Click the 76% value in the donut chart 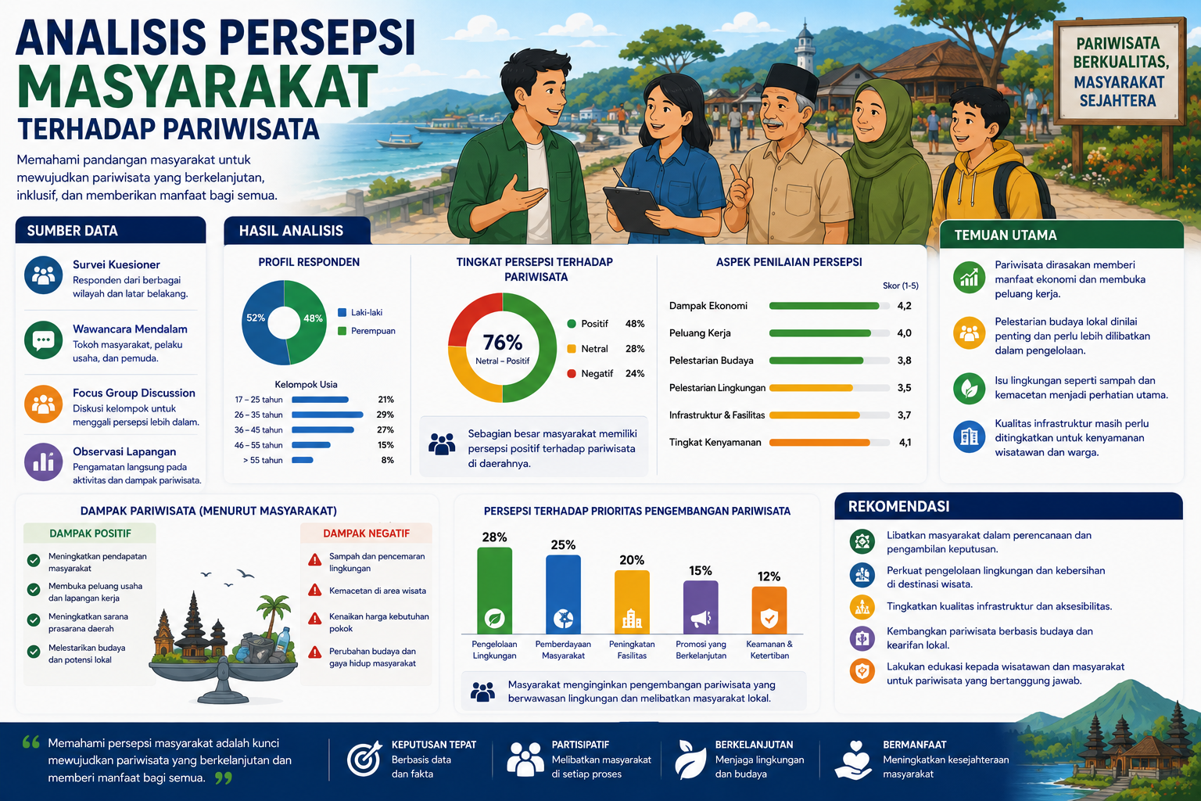pyautogui.click(x=503, y=342)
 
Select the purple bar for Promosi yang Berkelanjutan pyautogui.click(x=701, y=607)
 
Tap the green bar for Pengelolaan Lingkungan pyautogui.click(x=494, y=591)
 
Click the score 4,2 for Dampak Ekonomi pyautogui.click(x=904, y=306)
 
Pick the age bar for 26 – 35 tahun pyautogui.click(x=327, y=415)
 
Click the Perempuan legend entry pyautogui.click(x=367, y=331)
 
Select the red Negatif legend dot pyautogui.click(x=572, y=373)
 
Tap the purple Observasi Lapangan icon pyautogui.click(x=44, y=462)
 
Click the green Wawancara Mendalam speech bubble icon pyautogui.click(x=44, y=339)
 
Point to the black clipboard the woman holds pyautogui.click(x=633, y=209)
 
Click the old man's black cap pyautogui.click(x=791, y=81)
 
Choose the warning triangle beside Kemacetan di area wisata pyautogui.click(x=315, y=590)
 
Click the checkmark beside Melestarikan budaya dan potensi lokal pyautogui.click(x=34, y=652)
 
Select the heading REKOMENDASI pyautogui.click(x=898, y=506)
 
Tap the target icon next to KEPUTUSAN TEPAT pyautogui.click(x=364, y=759)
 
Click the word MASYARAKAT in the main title pyautogui.click(x=198, y=87)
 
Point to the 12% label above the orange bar pyautogui.click(x=769, y=577)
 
